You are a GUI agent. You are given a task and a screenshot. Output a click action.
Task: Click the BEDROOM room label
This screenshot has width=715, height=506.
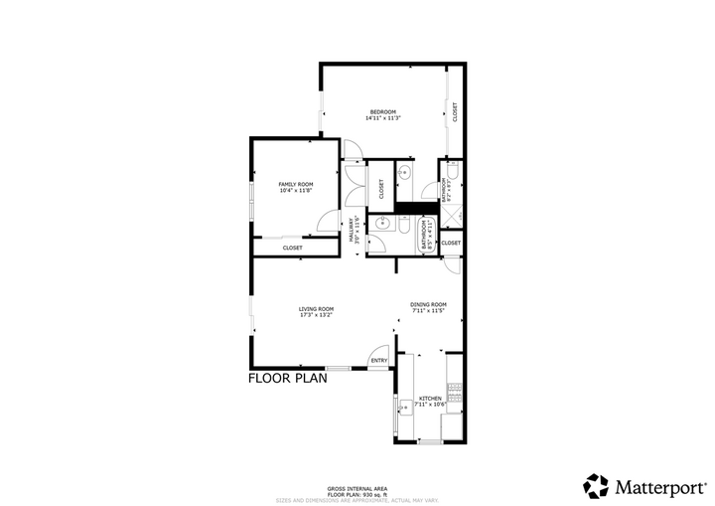tap(383, 110)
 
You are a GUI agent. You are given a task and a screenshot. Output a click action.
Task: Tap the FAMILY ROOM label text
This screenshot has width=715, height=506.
tap(295, 184)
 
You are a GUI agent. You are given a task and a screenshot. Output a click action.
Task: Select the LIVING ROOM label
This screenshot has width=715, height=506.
tap(316, 309)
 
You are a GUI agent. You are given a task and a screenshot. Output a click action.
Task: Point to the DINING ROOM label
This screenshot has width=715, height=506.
tap(429, 304)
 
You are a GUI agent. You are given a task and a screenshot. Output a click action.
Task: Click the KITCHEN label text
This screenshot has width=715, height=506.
tap(429, 398)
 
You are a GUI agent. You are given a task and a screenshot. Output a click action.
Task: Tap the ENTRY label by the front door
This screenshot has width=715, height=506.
tap(378, 360)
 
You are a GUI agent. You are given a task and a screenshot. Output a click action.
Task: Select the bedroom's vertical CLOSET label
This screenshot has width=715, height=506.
tap(455, 112)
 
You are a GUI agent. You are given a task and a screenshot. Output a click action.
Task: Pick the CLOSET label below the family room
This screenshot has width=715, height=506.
tap(293, 248)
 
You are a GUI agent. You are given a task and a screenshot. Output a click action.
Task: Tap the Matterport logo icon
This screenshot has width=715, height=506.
tap(596, 486)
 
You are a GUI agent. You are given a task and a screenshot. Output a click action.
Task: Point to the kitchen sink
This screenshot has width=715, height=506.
tap(405, 407)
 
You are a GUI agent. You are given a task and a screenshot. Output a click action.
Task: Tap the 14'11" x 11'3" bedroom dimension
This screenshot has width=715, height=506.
tap(382, 118)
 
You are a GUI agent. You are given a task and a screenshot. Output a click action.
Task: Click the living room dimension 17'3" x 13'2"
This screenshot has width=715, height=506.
tap(316, 316)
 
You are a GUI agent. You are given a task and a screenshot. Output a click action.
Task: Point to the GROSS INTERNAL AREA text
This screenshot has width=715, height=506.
tap(357, 488)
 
